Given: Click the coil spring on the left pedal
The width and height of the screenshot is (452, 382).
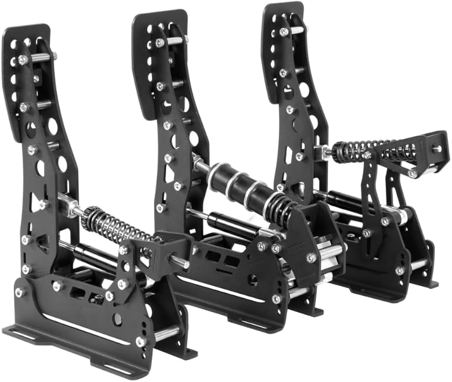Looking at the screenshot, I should coord(115,226).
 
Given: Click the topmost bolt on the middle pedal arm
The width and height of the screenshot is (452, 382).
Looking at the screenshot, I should coord(160,43).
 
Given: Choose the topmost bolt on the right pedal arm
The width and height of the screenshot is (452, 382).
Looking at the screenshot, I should coord(283,32).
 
